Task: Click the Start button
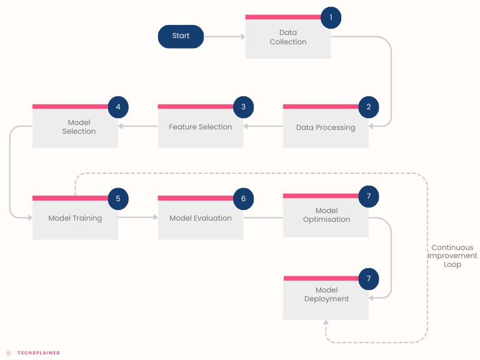click(181, 36)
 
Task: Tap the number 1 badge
click(331, 17)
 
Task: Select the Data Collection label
click(288, 37)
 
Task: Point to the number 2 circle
click(369, 107)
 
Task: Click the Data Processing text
click(326, 127)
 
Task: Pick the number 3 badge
click(243, 107)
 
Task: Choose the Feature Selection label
click(201, 127)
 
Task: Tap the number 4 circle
click(118, 107)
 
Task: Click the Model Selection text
click(79, 127)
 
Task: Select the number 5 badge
click(118, 199)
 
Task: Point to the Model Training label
click(75, 218)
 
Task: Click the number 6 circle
click(243, 199)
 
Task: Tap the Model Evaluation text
click(201, 218)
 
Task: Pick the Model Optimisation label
click(326, 215)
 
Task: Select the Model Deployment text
click(326, 294)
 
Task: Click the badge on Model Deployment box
click(369, 279)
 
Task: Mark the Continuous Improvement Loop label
click(452, 256)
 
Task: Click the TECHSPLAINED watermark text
click(39, 353)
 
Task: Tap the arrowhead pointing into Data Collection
click(243, 37)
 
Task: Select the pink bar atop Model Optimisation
click(321, 196)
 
